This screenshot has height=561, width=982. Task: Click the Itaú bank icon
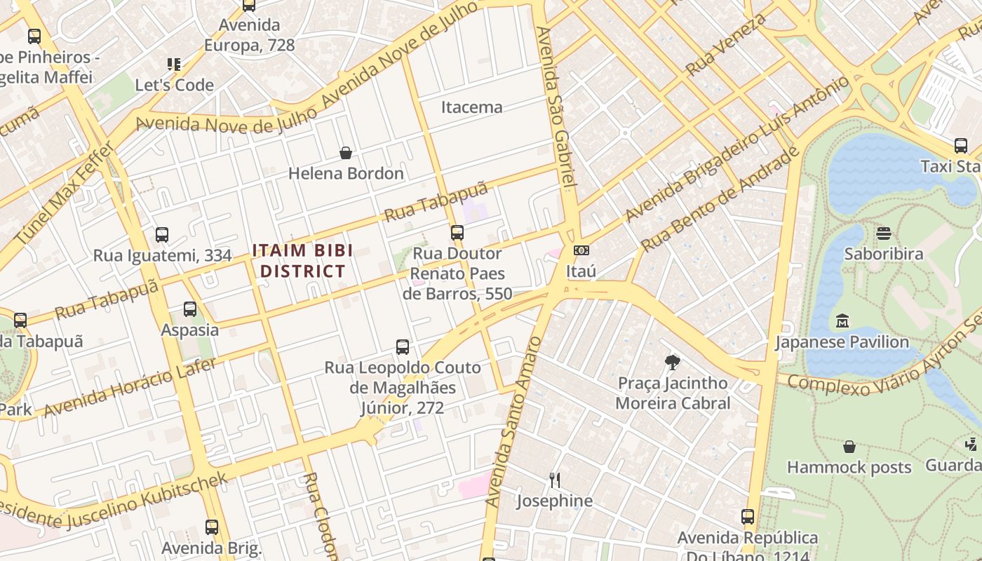click(581, 250)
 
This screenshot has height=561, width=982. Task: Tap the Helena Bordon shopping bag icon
click(346, 153)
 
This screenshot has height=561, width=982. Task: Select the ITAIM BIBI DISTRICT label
click(302, 261)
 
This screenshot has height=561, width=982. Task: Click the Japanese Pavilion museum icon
click(842, 321)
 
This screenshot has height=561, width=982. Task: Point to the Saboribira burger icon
click(884, 233)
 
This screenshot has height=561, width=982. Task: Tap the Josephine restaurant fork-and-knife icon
click(554, 480)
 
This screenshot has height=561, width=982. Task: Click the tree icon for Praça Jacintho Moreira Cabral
click(673, 363)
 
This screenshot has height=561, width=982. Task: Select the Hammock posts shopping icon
click(849, 447)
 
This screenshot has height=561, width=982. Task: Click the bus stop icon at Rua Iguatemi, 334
click(162, 235)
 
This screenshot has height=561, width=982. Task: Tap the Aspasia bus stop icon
click(190, 309)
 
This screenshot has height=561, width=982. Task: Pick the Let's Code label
click(174, 85)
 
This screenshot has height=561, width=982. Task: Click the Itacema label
click(471, 107)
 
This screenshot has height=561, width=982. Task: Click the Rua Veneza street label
click(726, 44)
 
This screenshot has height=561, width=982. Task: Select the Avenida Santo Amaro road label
click(514, 421)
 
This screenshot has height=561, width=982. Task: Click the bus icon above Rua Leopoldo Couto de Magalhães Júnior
click(403, 347)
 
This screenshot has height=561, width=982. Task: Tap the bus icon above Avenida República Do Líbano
click(748, 518)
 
